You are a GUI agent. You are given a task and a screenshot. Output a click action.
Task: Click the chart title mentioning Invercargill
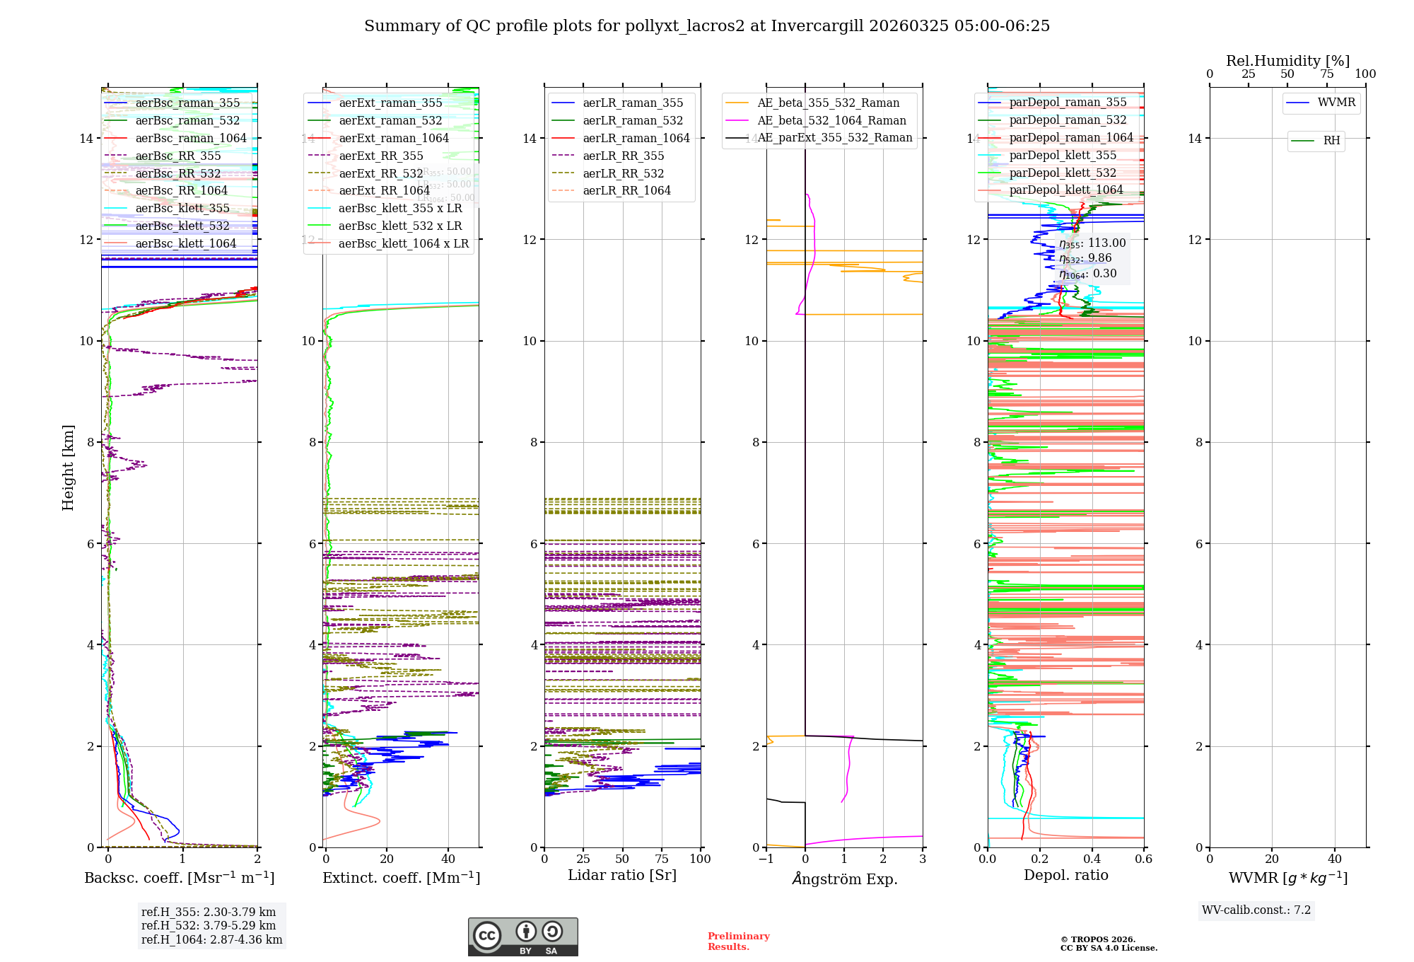707,26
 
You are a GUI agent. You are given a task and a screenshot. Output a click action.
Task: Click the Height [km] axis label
68,467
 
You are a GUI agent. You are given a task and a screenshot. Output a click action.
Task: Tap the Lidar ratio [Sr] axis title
622,875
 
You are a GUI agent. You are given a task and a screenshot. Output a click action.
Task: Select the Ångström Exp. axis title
844,879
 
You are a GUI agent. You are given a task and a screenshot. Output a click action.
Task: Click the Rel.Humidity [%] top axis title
1287,61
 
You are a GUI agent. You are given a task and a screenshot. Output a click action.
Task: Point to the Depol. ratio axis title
1065,875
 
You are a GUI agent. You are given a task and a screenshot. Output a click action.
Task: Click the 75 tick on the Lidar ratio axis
662,859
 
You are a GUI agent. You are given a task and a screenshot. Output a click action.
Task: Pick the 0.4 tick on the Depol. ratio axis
1092,859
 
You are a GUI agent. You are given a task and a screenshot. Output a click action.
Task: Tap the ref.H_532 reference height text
209,925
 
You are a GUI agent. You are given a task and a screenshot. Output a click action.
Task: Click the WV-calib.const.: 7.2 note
1256,910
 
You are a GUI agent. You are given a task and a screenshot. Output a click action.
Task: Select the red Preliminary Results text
738,941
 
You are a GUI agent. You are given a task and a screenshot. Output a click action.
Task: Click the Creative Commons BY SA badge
522,937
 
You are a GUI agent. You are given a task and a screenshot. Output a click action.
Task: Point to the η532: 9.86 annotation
1085,258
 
